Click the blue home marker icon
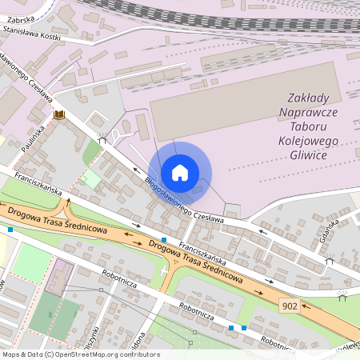[x=180, y=173]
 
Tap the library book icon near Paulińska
[x=58, y=115]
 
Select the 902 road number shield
[x=290, y=306]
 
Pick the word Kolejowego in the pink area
[x=307, y=140]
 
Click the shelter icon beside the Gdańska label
[x=329, y=260]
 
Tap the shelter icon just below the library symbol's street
[x=102, y=138]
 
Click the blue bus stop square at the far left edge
[x=10, y=230]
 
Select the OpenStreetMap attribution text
[x=80, y=354]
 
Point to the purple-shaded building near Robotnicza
[x=58, y=275]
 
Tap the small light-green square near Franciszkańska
[x=93, y=179]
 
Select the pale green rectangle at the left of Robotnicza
[x=31, y=262]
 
